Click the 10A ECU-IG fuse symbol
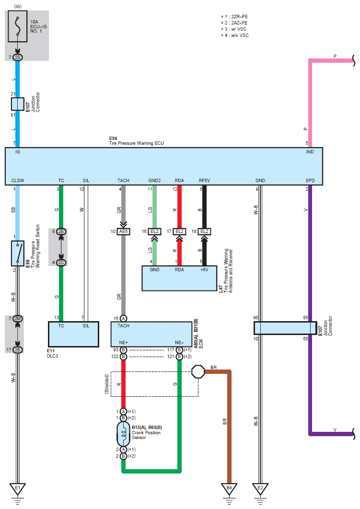(x=18, y=26)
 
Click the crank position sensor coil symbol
(x=123, y=434)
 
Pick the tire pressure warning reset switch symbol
(x=18, y=254)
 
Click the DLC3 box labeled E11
(x=73, y=335)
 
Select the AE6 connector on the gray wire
(x=123, y=231)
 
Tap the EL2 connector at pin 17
(x=179, y=231)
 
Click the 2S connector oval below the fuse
(x=18, y=58)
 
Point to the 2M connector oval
(x=18, y=319)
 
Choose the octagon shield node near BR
(x=198, y=372)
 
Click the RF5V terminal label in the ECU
(x=204, y=181)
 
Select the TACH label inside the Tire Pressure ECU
(x=123, y=181)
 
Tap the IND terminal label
(x=310, y=151)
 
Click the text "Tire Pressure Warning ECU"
(x=136, y=143)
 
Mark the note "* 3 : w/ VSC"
(x=234, y=29)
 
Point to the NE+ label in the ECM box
(x=123, y=343)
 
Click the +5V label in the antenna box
(x=204, y=270)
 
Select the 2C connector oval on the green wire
(x=61, y=263)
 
